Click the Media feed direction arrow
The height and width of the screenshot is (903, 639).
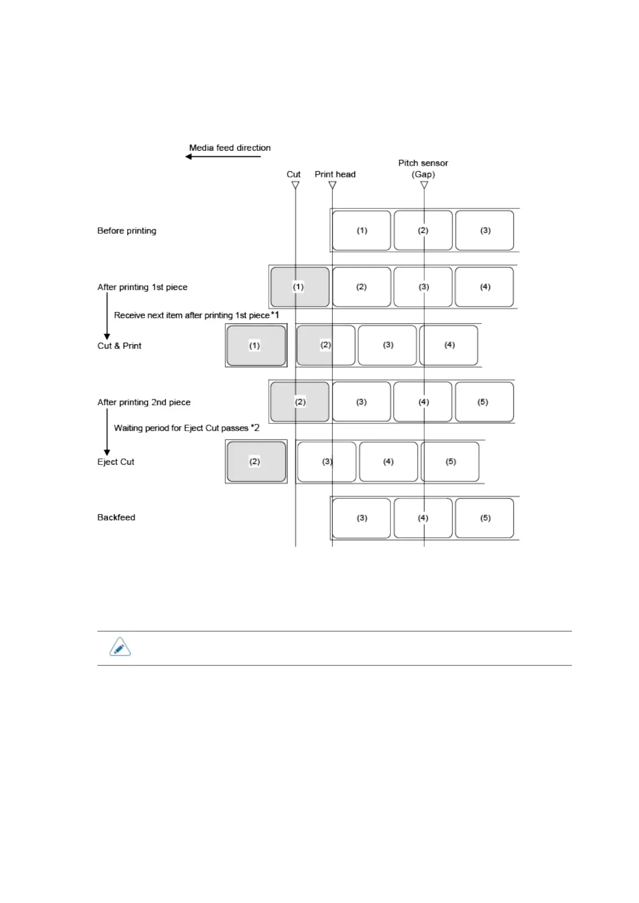click(223, 157)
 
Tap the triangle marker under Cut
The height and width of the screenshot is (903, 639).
click(295, 185)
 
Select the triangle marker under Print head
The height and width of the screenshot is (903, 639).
click(332, 185)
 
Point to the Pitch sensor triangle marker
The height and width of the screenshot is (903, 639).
click(424, 185)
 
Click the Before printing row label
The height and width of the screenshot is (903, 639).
click(127, 231)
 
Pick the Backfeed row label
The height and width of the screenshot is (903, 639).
click(116, 517)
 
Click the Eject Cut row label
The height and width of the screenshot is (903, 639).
click(115, 462)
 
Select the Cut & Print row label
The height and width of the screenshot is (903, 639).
click(119, 346)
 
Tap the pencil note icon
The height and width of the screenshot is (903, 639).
click(120, 647)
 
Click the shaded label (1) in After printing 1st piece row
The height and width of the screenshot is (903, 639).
click(299, 287)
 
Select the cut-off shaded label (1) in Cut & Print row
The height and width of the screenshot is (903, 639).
click(256, 345)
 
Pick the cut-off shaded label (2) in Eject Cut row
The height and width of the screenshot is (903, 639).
click(256, 462)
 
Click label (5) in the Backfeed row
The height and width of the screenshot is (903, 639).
click(484, 518)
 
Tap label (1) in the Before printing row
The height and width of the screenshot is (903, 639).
click(362, 231)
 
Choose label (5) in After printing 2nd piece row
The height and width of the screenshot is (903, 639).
click(484, 402)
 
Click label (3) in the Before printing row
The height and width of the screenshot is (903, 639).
click(484, 231)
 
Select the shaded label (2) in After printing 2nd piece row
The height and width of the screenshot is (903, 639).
click(299, 402)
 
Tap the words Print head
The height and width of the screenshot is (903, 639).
click(335, 174)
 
